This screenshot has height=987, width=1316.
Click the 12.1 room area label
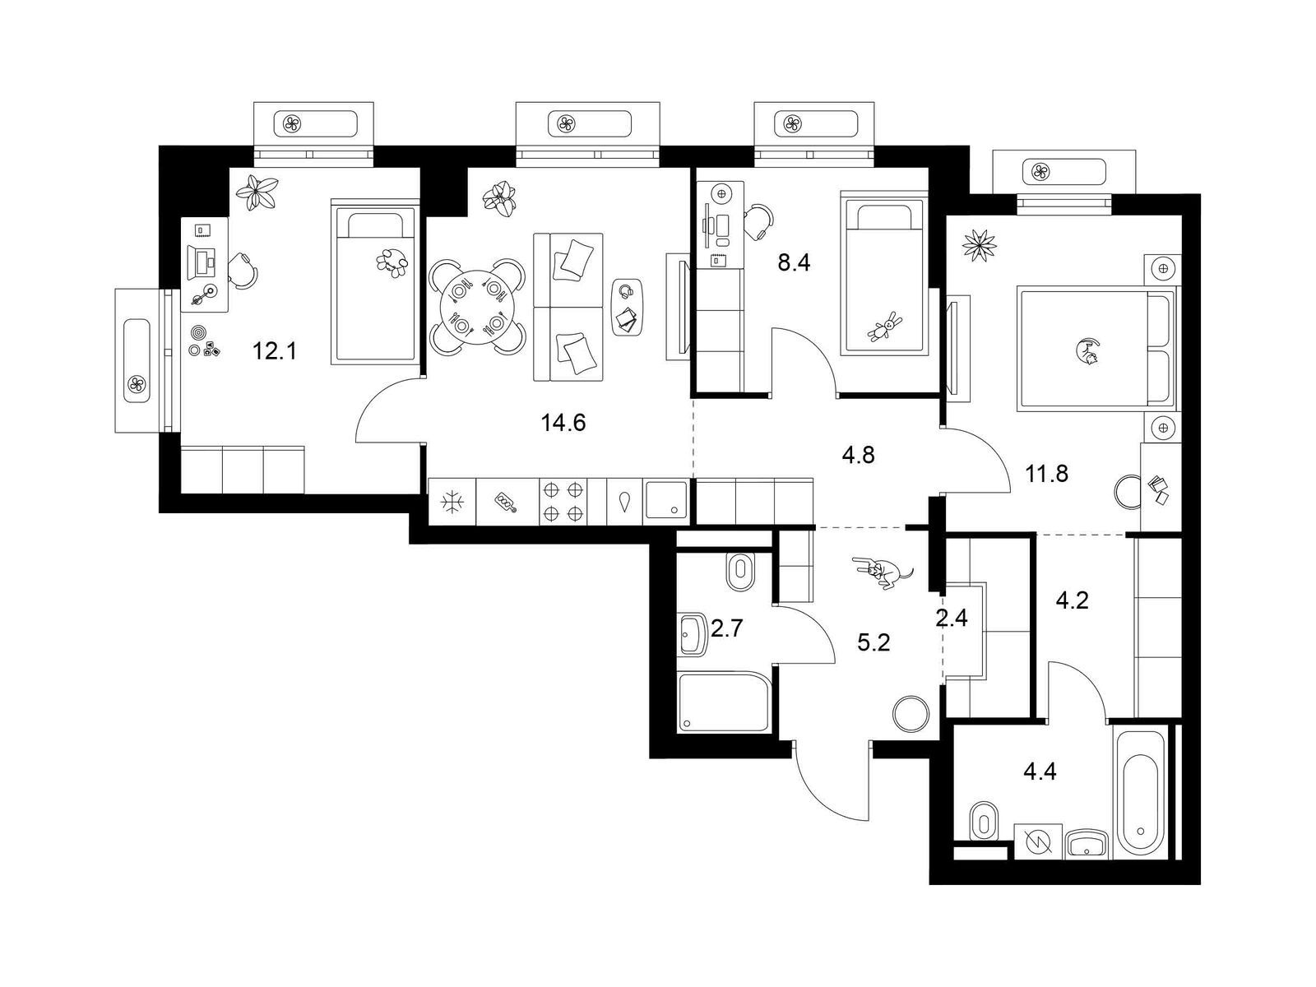275,351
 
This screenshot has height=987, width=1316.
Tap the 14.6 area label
563,423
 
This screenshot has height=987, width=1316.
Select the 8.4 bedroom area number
794,262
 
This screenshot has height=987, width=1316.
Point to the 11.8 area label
1046,474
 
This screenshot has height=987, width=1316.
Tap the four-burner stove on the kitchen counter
563,502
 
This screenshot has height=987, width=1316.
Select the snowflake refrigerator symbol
450,503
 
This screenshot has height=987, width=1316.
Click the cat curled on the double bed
1088,352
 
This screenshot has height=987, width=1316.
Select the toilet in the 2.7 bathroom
741,572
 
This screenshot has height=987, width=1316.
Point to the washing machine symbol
1038,842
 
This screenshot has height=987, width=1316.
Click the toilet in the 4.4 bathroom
984,821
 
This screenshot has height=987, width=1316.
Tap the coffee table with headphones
627,308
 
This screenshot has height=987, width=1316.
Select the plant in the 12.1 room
257,192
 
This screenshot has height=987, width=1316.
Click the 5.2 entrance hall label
873,643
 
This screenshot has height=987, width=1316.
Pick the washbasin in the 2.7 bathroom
693,634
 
